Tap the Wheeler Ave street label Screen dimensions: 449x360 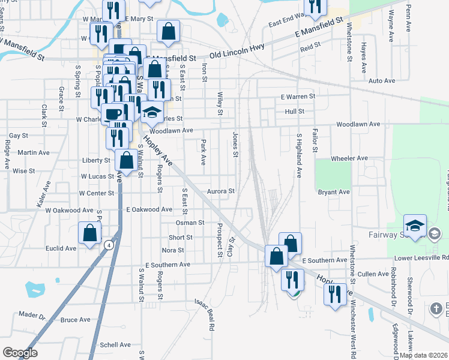(x=349, y=158)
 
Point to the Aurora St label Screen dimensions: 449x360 (x=220, y=191)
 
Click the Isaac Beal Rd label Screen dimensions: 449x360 (x=204, y=316)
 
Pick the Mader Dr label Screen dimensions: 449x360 (x=32, y=314)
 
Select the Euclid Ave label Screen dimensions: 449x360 (x=62, y=248)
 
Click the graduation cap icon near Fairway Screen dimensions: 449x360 (x=415, y=226)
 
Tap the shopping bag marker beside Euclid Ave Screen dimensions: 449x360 (x=89, y=233)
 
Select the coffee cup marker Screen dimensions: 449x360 (x=113, y=113)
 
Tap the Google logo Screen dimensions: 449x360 (x=20, y=352)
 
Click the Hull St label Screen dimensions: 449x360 (x=295, y=112)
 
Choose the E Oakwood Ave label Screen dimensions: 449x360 (x=149, y=209)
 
